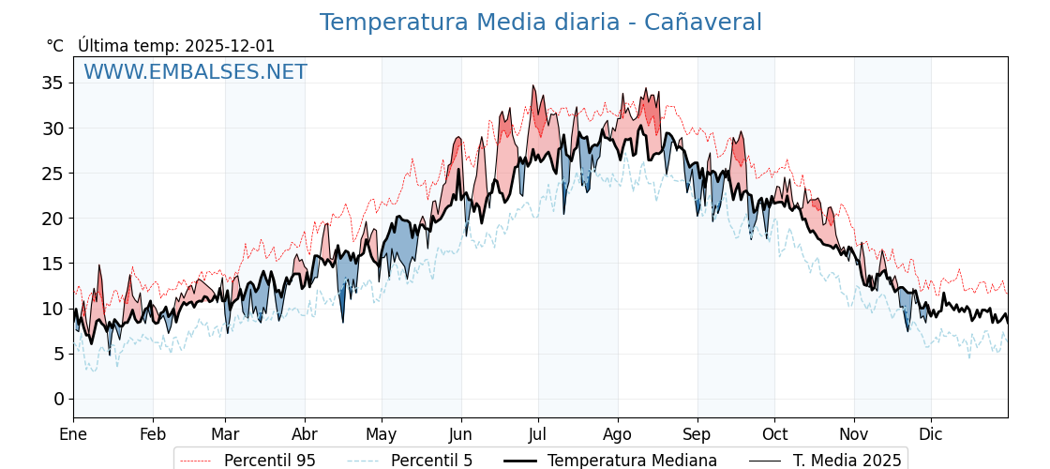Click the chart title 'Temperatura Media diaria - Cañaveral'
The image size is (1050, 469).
coord(540,23)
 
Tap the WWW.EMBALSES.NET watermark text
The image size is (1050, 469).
coord(195,72)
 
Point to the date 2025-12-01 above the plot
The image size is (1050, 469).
coord(229,46)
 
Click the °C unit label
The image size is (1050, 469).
coord(54,46)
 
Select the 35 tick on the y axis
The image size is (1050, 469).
coord(52,83)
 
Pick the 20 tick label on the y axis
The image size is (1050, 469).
coord(52,219)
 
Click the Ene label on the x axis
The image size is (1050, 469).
coord(73,434)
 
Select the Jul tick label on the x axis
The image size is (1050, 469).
coord(538,434)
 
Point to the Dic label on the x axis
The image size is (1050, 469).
coord(931,434)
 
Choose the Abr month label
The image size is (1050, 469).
coord(305,434)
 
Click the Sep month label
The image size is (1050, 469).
coord(697,434)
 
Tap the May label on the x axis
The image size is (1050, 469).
coord(382,434)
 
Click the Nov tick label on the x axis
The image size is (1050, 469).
coord(854,434)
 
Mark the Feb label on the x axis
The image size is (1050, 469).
coord(153,434)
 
